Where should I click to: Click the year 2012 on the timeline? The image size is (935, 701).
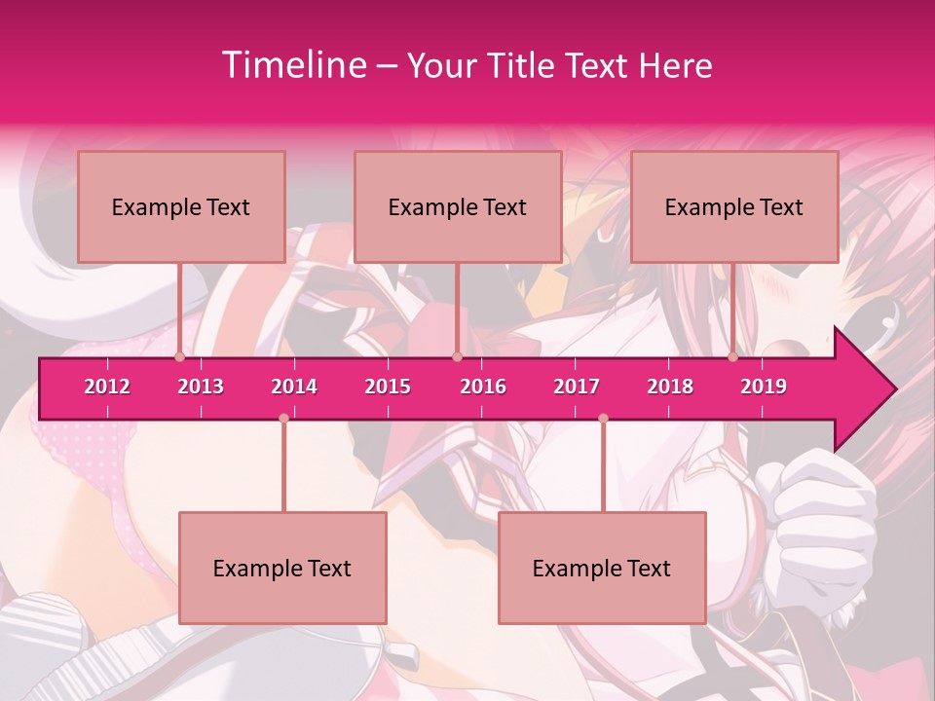click(107, 387)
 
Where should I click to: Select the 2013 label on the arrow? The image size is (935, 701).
click(201, 387)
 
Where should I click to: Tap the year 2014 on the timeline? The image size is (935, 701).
click(294, 387)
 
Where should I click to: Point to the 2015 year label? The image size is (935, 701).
click(388, 387)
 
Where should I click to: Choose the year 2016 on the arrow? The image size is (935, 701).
click(483, 387)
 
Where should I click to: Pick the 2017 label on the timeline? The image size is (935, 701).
click(577, 387)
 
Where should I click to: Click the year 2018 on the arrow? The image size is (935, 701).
click(670, 387)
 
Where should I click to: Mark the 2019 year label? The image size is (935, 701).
click(764, 387)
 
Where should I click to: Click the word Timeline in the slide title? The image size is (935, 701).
click(292, 65)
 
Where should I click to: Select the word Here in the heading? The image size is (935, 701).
click(676, 65)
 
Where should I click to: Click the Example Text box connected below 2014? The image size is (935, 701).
click(282, 568)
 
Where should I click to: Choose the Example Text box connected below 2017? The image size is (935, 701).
click(602, 568)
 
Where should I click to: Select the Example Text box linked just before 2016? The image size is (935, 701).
click(458, 206)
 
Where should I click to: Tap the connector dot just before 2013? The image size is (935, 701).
click(180, 356)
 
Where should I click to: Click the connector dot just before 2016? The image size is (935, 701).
click(458, 356)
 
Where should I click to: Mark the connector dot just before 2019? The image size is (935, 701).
click(733, 356)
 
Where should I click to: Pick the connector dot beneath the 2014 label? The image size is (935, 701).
click(283, 418)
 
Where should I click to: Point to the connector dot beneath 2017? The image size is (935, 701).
click(603, 418)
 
